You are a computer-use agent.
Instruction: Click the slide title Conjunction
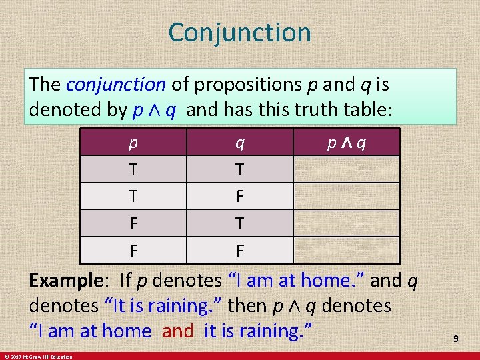[x=239, y=33]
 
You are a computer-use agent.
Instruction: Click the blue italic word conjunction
[x=116, y=85]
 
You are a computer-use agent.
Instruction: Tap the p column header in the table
[x=134, y=142]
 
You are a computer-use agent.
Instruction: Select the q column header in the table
[x=239, y=142]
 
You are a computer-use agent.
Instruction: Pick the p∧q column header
[x=346, y=142]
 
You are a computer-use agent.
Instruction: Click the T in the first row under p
[x=134, y=169]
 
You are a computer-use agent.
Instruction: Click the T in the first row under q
[x=239, y=169]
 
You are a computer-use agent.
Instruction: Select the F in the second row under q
[x=239, y=197]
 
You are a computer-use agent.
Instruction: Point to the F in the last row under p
[x=134, y=251]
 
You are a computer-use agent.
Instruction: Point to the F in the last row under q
[x=239, y=251]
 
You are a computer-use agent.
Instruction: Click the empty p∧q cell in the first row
[x=346, y=169]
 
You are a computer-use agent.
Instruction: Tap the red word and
[x=177, y=331]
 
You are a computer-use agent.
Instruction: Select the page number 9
[x=456, y=339]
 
